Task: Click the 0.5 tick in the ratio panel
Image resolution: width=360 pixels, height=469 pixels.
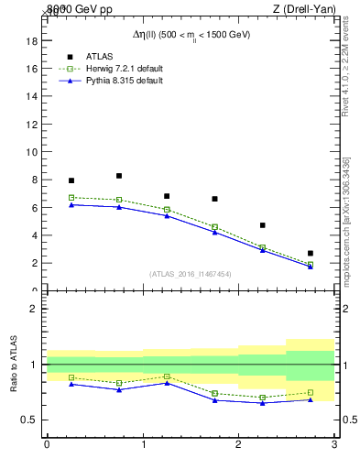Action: [28, 420]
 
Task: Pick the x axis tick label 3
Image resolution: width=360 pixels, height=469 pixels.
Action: [333, 445]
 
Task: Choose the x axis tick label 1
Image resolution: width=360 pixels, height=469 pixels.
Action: [143, 445]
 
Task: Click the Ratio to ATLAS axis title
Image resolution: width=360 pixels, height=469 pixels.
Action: [14, 365]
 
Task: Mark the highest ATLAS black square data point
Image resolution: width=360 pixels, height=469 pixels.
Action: [119, 176]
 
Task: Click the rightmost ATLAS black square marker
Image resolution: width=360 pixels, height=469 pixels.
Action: [311, 253]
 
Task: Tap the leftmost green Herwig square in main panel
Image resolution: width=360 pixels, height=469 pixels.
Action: [71, 197]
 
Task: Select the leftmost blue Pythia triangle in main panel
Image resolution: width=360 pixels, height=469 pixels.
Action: [71, 204]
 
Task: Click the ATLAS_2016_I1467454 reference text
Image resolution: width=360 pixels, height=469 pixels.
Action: [191, 273]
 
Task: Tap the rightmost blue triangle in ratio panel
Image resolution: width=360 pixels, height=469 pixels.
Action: [311, 399]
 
